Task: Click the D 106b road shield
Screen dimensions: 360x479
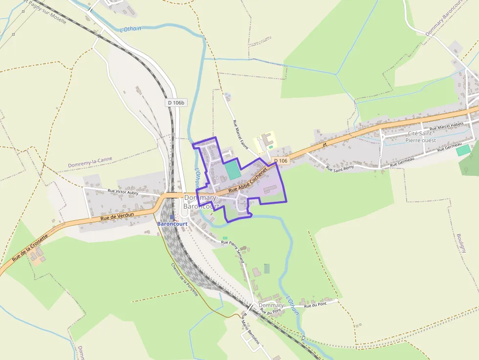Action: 176,103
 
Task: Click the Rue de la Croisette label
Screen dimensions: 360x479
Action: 30,248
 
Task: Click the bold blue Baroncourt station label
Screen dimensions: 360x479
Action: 172,224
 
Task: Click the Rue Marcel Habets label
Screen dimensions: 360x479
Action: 446,127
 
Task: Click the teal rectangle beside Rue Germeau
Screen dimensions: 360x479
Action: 463,150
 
